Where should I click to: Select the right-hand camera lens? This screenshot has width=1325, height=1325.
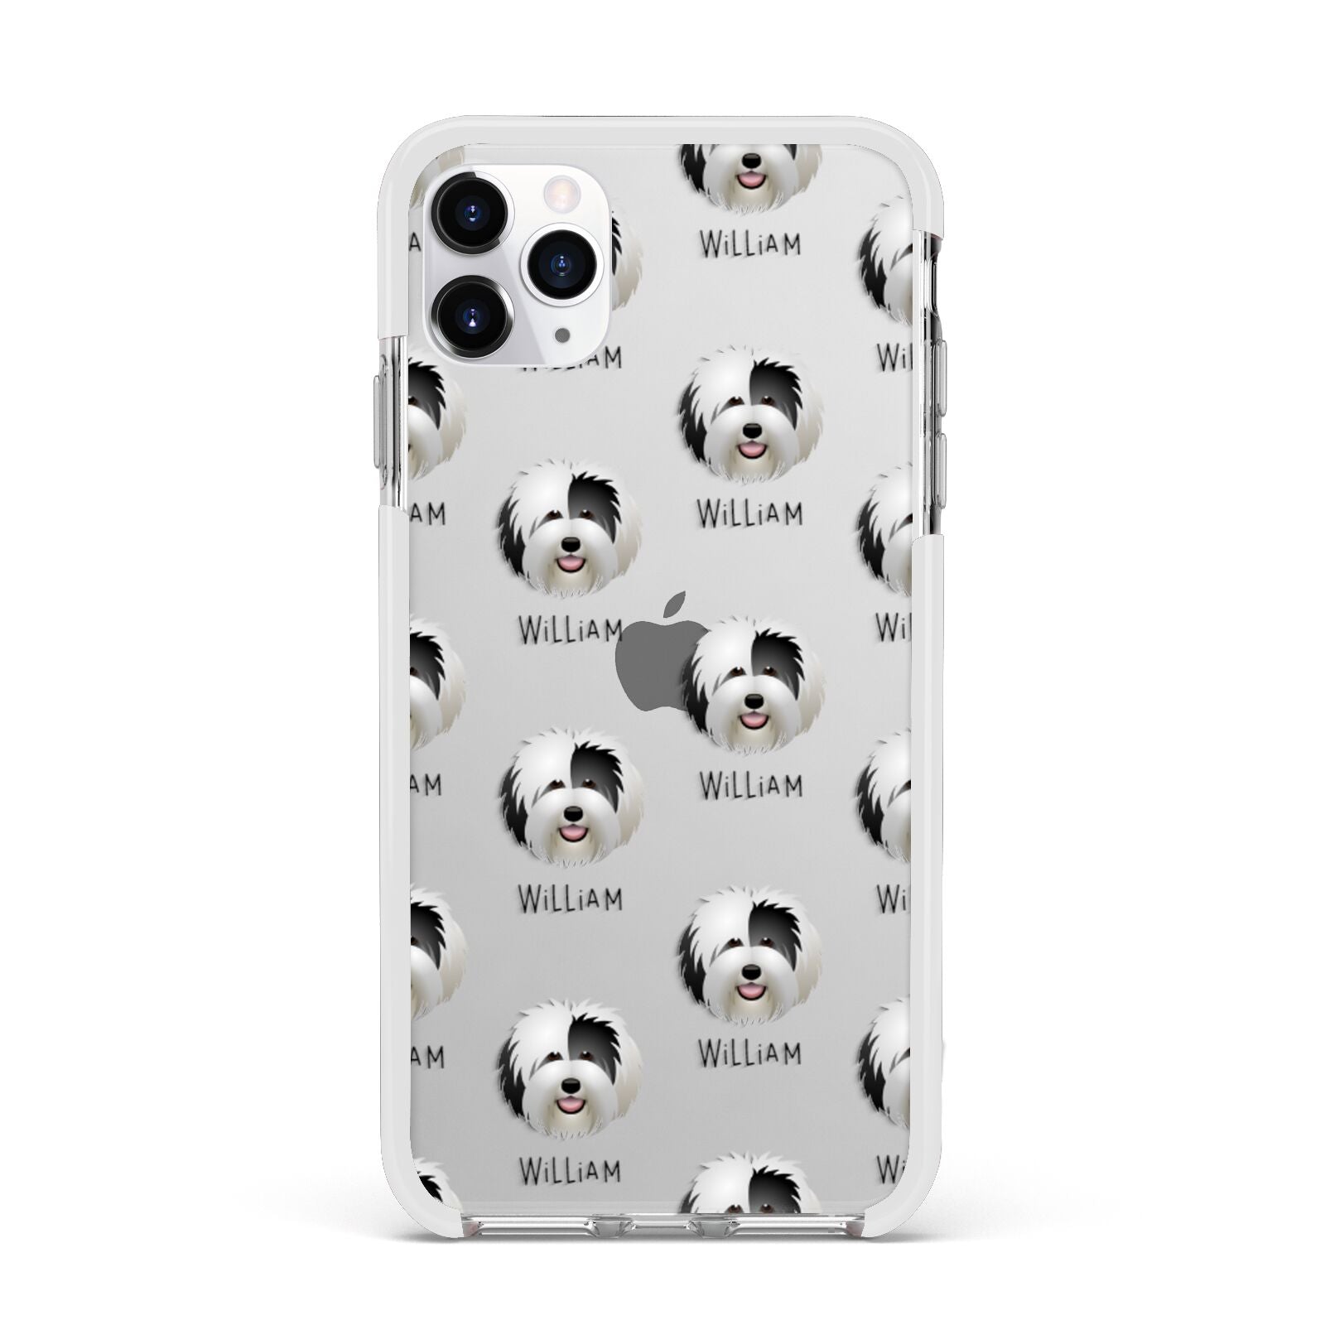[562, 263]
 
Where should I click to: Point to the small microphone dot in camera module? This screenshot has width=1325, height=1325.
[563, 335]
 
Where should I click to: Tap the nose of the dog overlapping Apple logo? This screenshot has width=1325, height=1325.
[752, 701]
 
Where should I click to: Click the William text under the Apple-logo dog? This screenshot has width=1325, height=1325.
[750, 784]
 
